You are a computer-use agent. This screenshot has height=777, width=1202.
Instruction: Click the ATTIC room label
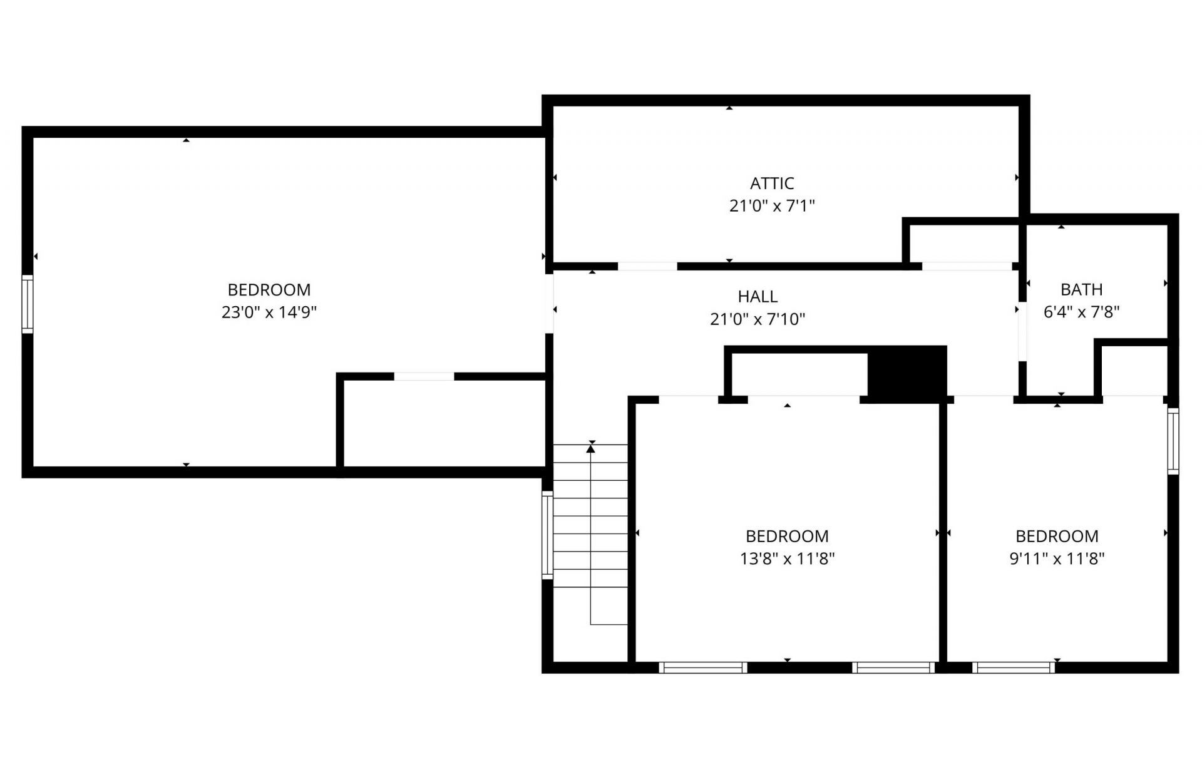(772, 183)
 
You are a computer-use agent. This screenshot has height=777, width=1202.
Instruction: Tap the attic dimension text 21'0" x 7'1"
(772, 206)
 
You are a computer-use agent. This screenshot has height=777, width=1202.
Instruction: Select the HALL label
(758, 297)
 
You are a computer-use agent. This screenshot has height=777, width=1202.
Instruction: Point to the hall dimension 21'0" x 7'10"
(758, 319)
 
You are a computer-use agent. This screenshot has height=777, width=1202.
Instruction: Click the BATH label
(1081, 290)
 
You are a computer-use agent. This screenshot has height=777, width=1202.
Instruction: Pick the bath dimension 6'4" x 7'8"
(1081, 312)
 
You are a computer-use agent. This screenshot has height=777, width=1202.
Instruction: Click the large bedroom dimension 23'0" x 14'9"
(269, 312)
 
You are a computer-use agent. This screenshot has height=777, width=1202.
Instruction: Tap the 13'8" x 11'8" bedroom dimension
(787, 558)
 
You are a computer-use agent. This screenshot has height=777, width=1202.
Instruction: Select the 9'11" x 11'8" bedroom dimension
(1057, 558)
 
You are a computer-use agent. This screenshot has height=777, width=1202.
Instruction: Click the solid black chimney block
(907, 374)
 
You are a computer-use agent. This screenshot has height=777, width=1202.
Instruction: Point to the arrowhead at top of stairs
(590, 448)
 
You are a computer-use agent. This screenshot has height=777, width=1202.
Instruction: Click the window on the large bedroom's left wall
(28, 304)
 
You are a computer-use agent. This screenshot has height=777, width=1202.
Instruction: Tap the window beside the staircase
(547, 535)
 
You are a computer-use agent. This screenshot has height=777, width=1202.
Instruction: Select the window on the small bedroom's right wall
(1173, 441)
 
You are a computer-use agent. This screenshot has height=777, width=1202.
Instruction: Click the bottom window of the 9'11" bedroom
(1014, 667)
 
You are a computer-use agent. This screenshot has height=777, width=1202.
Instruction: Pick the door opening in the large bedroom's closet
(424, 376)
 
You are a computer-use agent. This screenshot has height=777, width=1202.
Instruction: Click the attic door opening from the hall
(647, 266)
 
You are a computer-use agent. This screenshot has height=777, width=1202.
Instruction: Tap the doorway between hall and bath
(1022, 332)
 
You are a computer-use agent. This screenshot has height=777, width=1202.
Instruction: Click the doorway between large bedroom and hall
(549, 304)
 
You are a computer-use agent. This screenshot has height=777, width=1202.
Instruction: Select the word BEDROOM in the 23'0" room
(269, 290)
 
